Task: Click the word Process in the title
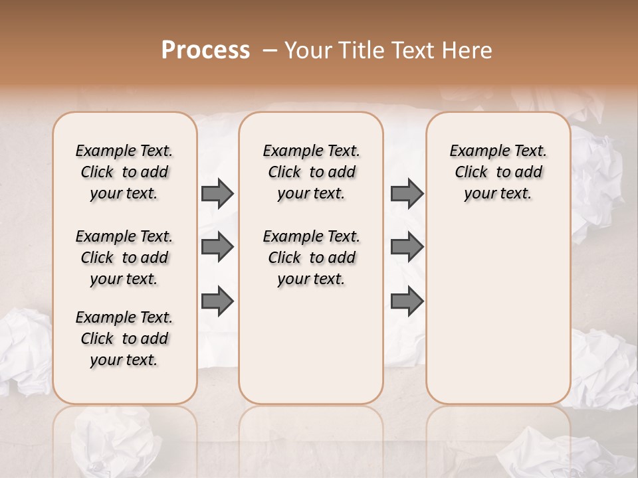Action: coord(205,50)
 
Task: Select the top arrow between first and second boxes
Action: coord(217,194)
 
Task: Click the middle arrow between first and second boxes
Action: coord(217,248)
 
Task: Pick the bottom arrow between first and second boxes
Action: coord(217,301)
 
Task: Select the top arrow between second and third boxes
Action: coord(407,194)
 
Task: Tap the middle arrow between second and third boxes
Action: coord(407,248)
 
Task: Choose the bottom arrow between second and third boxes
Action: coord(407,301)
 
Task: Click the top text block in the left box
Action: coord(124,172)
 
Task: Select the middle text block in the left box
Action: coord(124,258)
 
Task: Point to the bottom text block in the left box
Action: coord(124,339)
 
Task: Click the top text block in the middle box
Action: coord(312,172)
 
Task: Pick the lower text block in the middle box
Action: coord(312,258)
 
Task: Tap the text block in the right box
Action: coord(498,172)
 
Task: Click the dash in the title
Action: coord(270,50)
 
